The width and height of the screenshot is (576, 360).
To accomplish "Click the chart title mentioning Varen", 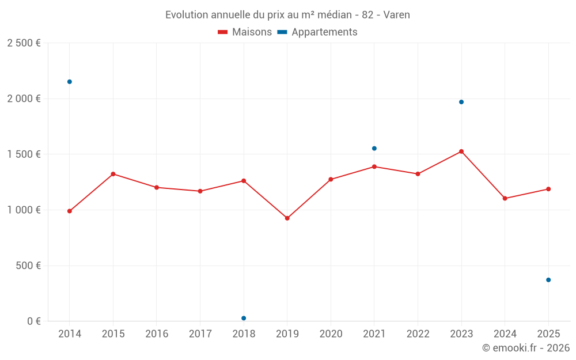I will point(287,15).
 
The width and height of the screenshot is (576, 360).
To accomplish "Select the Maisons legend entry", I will point(245,32).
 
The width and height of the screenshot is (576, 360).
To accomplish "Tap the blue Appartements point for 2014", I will point(70,82).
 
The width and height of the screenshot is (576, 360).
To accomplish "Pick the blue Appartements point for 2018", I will point(244,318).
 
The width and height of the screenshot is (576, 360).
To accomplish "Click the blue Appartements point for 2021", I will point(374,149).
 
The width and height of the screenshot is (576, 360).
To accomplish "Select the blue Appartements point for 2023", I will point(461,102).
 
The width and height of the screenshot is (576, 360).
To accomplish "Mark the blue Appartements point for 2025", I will point(548,280).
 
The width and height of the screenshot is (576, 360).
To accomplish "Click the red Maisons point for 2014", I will point(70,211).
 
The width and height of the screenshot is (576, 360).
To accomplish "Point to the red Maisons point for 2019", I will point(287,218).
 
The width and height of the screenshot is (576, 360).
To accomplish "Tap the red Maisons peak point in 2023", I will point(461,151).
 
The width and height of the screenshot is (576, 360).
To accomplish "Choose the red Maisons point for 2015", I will point(113,174).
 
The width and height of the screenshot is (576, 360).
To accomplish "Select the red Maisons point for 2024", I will point(505,198).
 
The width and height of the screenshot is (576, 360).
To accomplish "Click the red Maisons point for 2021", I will point(374,166).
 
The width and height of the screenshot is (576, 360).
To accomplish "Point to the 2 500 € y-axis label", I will point(24,43).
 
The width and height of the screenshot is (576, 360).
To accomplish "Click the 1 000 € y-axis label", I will point(24,210).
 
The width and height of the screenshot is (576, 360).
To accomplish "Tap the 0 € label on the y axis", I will point(32,321).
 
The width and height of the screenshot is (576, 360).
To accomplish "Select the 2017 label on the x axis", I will point(200,334).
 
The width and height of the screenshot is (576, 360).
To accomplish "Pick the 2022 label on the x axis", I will point(418,334).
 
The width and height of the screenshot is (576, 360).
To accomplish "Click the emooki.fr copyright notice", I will point(525,348).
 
